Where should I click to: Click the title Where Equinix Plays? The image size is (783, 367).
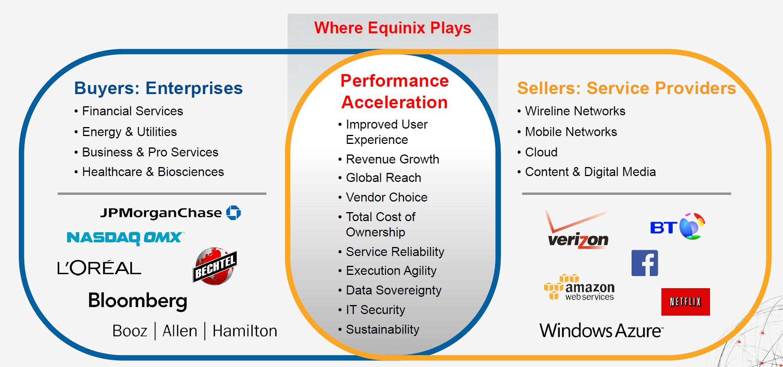tap(393, 28)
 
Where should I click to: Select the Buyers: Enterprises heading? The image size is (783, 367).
tap(158, 88)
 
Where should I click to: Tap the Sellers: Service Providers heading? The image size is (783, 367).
tap(626, 88)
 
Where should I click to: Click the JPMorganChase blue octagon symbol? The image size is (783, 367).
tap(233, 213)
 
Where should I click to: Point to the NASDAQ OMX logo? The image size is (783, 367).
tap(126, 238)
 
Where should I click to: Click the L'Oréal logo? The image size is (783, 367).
tap(99, 268)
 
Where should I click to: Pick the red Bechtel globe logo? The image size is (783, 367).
tap(215, 266)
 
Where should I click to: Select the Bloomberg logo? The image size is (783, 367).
tap(138, 301)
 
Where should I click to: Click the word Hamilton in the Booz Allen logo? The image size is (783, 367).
tap(245, 331)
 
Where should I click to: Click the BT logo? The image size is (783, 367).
tap(677, 226)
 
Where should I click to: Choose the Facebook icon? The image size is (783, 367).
tap(645, 263)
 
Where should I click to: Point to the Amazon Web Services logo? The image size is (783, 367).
tap(579, 287)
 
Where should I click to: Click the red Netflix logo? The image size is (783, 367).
tap(686, 302)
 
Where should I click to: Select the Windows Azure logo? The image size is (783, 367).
tap(601, 331)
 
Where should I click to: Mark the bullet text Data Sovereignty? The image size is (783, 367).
tap(394, 290)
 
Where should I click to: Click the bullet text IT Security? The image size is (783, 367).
tap(375, 310)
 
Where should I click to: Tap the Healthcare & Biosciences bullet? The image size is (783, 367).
tap(153, 172)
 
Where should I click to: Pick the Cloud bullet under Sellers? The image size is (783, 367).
tap(541, 152)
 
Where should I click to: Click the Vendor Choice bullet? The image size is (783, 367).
tap(387, 197)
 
